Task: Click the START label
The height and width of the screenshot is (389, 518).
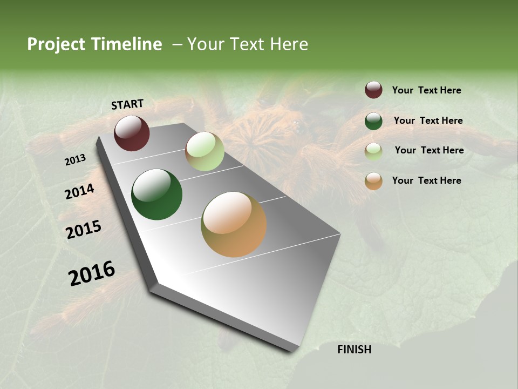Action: click(x=127, y=104)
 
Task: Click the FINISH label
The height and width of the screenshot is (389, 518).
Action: click(x=354, y=350)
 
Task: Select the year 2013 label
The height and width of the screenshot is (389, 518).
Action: click(x=76, y=160)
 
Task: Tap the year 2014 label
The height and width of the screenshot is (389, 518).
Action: click(x=79, y=191)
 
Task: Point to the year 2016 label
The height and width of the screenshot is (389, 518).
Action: click(x=92, y=273)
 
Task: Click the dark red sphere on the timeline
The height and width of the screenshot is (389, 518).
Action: click(x=132, y=133)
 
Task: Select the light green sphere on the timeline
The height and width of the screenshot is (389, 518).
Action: click(x=205, y=151)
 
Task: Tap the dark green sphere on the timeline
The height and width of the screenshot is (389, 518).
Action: click(x=156, y=194)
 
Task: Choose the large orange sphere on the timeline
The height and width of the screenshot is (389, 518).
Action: click(x=234, y=224)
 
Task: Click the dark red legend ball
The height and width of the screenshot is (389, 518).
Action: click(x=373, y=90)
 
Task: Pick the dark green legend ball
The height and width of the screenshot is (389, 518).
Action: click(x=373, y=121)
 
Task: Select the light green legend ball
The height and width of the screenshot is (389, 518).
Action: click(x=373, y=151)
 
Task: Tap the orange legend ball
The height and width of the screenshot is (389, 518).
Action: click(x=373, y=181)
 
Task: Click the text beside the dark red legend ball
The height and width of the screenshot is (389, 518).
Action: click(x=426, y=90)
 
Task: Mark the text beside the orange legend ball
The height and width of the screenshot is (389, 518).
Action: click(x=426, y=180)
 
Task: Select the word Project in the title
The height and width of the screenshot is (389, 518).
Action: click(x=56, y=44)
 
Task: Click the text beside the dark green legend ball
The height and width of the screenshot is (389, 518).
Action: click(x=428, y=120)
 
